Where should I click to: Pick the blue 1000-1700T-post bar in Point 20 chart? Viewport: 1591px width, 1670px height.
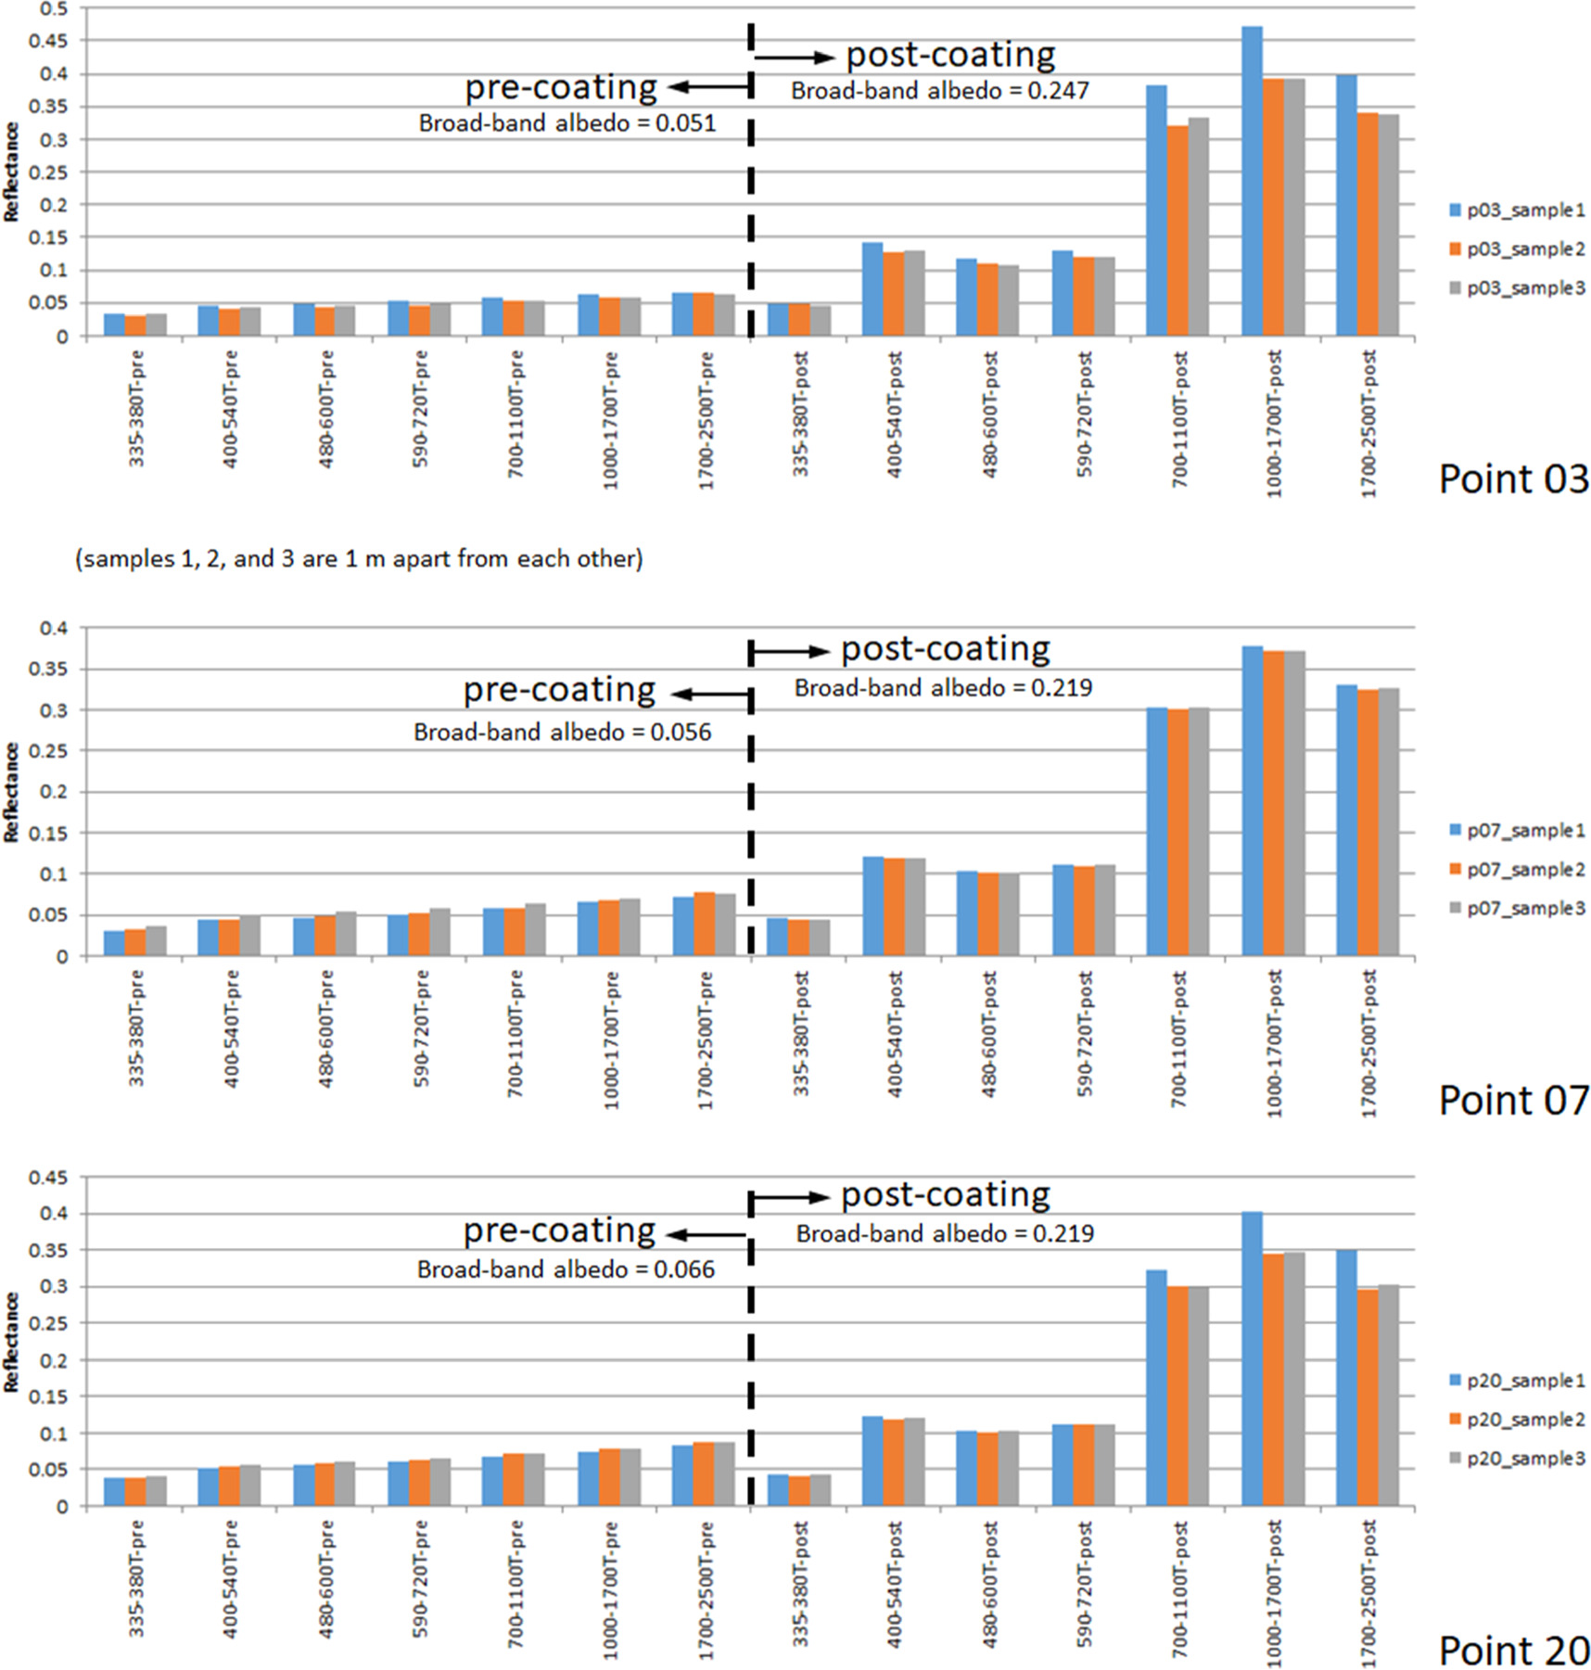1252,1358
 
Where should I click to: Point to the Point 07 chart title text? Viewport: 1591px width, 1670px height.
1513,1101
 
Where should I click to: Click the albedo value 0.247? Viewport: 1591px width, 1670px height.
1059,91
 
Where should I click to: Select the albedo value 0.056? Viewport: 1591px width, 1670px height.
681,733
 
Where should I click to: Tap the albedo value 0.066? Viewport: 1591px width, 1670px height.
684,1269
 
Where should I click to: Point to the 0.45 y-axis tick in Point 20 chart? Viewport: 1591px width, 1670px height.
51,1179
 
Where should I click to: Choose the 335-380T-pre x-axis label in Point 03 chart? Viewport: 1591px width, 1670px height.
136,408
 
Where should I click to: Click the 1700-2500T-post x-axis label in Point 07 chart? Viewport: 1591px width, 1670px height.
1368,1043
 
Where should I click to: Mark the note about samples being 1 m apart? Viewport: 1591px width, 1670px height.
359,559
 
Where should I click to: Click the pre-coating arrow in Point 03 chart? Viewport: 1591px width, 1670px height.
708,87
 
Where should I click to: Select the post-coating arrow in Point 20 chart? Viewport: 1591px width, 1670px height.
789,1197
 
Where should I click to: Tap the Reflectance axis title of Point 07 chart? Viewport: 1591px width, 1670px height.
11,792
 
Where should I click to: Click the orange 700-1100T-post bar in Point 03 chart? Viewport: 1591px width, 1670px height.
1177,231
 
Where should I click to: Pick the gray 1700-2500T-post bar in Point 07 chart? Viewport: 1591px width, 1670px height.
1388,822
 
